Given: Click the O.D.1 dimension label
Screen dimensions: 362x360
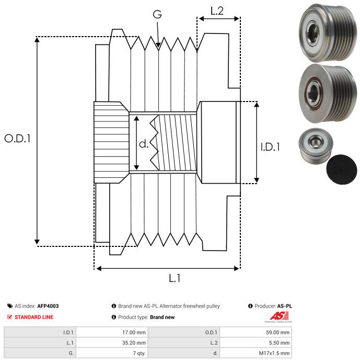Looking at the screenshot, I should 18,139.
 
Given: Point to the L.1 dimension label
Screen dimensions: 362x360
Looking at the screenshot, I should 174,278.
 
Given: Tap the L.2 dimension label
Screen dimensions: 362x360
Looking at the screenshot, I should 217,10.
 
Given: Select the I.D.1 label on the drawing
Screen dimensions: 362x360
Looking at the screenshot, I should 270,147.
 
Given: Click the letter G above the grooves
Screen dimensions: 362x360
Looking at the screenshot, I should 157,14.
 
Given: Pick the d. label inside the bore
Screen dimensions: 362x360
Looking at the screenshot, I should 144,143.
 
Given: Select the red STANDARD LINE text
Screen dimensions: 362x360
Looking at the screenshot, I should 34,317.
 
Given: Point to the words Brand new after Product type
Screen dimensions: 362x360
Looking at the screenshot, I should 162,317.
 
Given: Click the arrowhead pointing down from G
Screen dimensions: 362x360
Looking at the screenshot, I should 158,47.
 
